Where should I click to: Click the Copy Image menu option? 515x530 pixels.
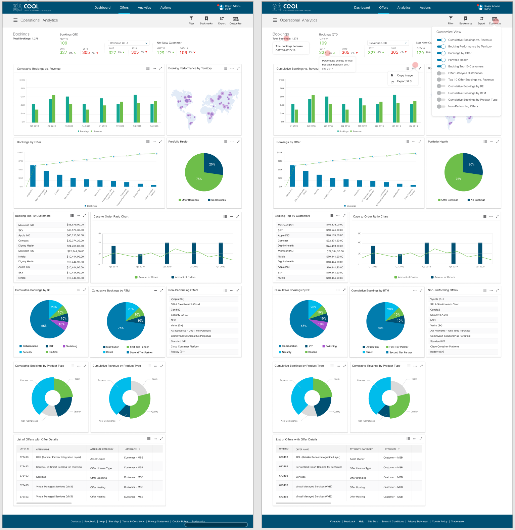click(405, 75)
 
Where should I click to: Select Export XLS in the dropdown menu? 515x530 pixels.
click(404, 81)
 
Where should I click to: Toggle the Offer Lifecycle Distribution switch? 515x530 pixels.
click(441, 73)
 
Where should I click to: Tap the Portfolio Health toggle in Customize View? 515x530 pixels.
click(441, 60)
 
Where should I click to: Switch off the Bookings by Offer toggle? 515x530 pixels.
click(441, 53)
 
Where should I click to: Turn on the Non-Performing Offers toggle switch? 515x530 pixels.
click(441, 106)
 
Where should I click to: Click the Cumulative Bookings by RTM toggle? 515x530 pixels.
click(441, 93)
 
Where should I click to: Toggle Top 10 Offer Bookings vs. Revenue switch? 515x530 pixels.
click(441, 80)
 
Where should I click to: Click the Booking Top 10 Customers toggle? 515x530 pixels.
click(441, 66)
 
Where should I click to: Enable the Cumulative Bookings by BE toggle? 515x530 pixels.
click(441, 86)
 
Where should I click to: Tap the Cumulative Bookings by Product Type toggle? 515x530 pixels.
click(441, 100)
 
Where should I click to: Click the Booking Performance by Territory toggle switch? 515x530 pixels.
click(441, 47)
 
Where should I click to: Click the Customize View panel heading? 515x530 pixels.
click(449, 32)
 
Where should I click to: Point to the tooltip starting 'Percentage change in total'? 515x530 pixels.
click(337, 65)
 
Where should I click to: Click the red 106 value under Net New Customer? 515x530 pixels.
click(183, 53)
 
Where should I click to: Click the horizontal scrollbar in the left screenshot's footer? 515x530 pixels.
click(216, 525)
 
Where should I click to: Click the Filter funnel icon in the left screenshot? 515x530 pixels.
click(191, 18)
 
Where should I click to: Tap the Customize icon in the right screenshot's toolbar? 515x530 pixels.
click(495, 19)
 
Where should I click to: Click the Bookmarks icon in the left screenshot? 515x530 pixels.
click(206, 18)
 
